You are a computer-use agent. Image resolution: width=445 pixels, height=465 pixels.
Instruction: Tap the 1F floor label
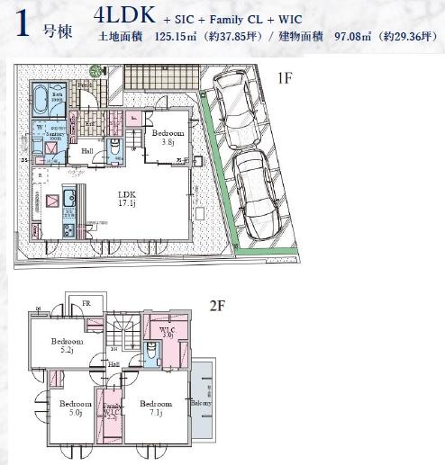tap(284, 79)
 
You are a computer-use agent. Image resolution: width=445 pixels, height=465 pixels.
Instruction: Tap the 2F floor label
tap(216, 306)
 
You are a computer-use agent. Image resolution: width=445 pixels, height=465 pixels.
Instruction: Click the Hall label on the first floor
tap(87, 151)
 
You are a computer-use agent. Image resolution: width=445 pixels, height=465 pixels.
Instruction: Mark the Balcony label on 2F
tap(200, 403)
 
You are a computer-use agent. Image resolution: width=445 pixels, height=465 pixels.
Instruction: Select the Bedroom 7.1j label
tap(156, 408)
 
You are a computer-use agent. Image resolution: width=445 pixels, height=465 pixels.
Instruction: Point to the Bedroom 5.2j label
tap(67, 345)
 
